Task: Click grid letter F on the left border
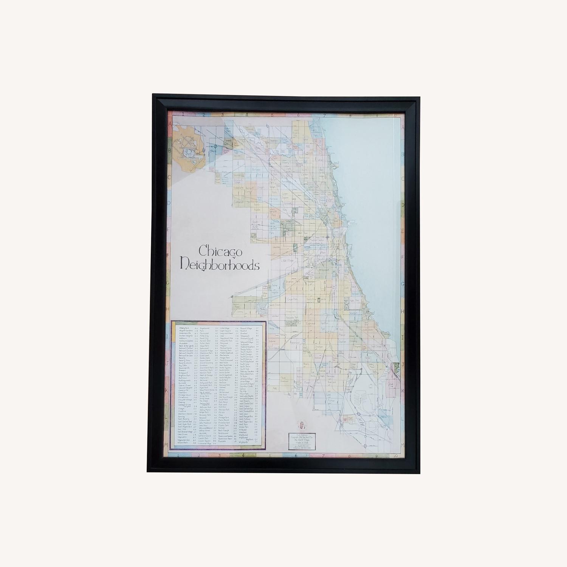(x=170, y=255)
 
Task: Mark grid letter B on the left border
(x=170, y=150)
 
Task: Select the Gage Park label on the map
(x=291, y=299)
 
